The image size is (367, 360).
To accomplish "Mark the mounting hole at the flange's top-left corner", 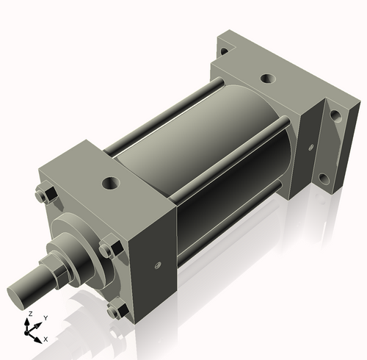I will pyautogui.click(x=222, y=51).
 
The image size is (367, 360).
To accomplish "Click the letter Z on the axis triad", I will pyautogui.click(x=29, y=314).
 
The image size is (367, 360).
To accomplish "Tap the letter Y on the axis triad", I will pyautogui.click(x=45, y=318).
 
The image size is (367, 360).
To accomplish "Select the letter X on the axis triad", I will pyautogui.click(x=46, y=339).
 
